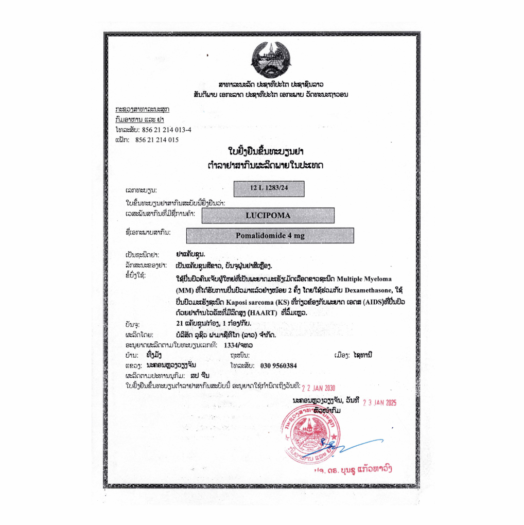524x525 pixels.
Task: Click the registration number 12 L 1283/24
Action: point(268,189)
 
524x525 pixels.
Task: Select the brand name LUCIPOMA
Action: point(268,215)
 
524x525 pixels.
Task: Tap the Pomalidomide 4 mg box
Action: point(270,236)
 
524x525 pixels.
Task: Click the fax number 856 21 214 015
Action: point(157,139)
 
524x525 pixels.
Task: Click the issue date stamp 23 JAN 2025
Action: point(380,403)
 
